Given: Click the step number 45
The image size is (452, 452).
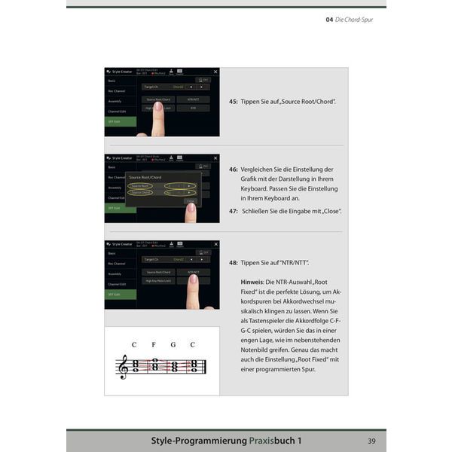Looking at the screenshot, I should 233,101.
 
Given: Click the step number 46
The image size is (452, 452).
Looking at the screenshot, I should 233,169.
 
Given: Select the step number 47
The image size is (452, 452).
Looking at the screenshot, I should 233,212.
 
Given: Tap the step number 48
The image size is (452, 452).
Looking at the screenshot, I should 233,262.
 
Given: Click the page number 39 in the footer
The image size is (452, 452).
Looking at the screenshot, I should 371,441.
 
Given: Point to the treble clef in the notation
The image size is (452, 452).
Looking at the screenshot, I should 124,367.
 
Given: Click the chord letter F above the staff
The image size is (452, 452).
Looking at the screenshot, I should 154,345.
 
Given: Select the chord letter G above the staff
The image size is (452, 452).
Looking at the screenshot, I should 173,345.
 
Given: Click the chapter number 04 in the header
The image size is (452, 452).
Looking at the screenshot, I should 329,20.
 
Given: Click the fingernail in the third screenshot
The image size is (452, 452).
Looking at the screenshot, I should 193,279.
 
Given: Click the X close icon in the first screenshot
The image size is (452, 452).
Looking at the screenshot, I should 215,72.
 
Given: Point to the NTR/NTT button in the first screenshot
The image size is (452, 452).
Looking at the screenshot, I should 193,99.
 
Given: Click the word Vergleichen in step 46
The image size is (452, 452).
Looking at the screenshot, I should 260,169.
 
